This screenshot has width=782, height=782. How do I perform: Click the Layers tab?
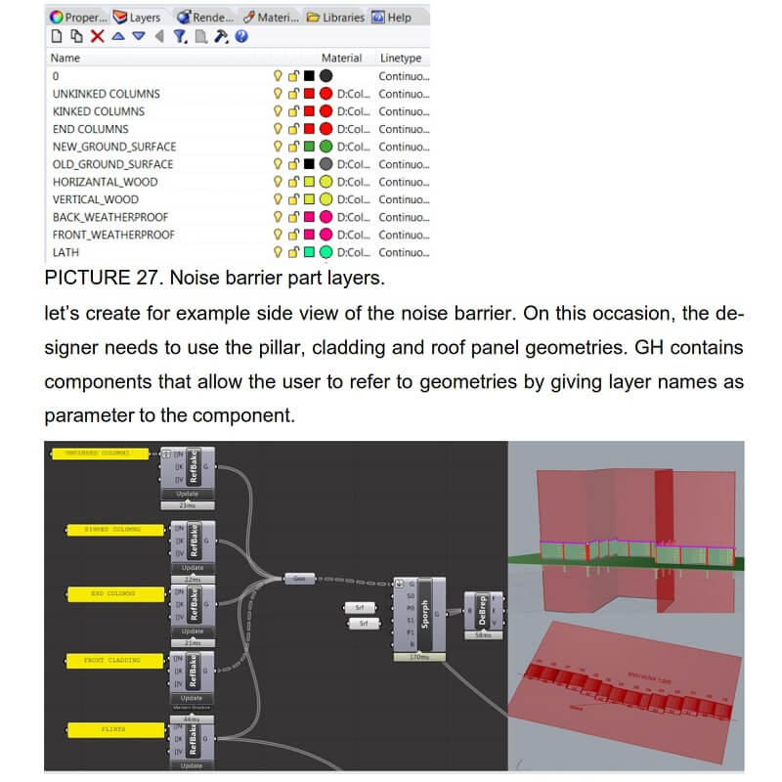point(138,17)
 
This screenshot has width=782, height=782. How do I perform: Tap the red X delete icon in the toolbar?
point(97,36)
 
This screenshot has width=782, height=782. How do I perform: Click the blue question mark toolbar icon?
point(240,36)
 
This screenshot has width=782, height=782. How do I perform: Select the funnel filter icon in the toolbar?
point(179,36)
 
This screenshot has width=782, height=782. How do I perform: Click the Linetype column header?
point(400,58)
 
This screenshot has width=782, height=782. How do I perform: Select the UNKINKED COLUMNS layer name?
point(106,94)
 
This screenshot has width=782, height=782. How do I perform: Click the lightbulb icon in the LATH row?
point(278,252)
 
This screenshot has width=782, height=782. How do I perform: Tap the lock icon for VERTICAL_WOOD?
point(292,199)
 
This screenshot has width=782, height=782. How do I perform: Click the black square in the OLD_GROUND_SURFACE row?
point(309,164)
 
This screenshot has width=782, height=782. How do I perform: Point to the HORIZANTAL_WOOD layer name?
point(105,182)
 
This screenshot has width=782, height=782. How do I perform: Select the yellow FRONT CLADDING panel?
point(105,661)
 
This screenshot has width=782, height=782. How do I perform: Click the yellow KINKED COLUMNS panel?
point(105,529)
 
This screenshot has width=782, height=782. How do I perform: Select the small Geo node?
point(298,578)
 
